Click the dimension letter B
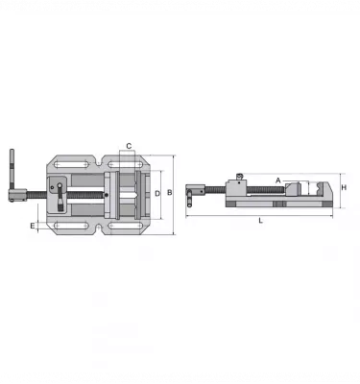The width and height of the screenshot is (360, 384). pos(170,193)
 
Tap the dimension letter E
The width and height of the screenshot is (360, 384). pos(33,227)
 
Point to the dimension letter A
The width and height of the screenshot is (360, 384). pos(277,179)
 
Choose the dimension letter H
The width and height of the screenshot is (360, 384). pos(344,187)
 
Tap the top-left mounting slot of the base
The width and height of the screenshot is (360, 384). pos(65,165)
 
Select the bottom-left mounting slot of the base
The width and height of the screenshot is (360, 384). pos(65,227)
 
